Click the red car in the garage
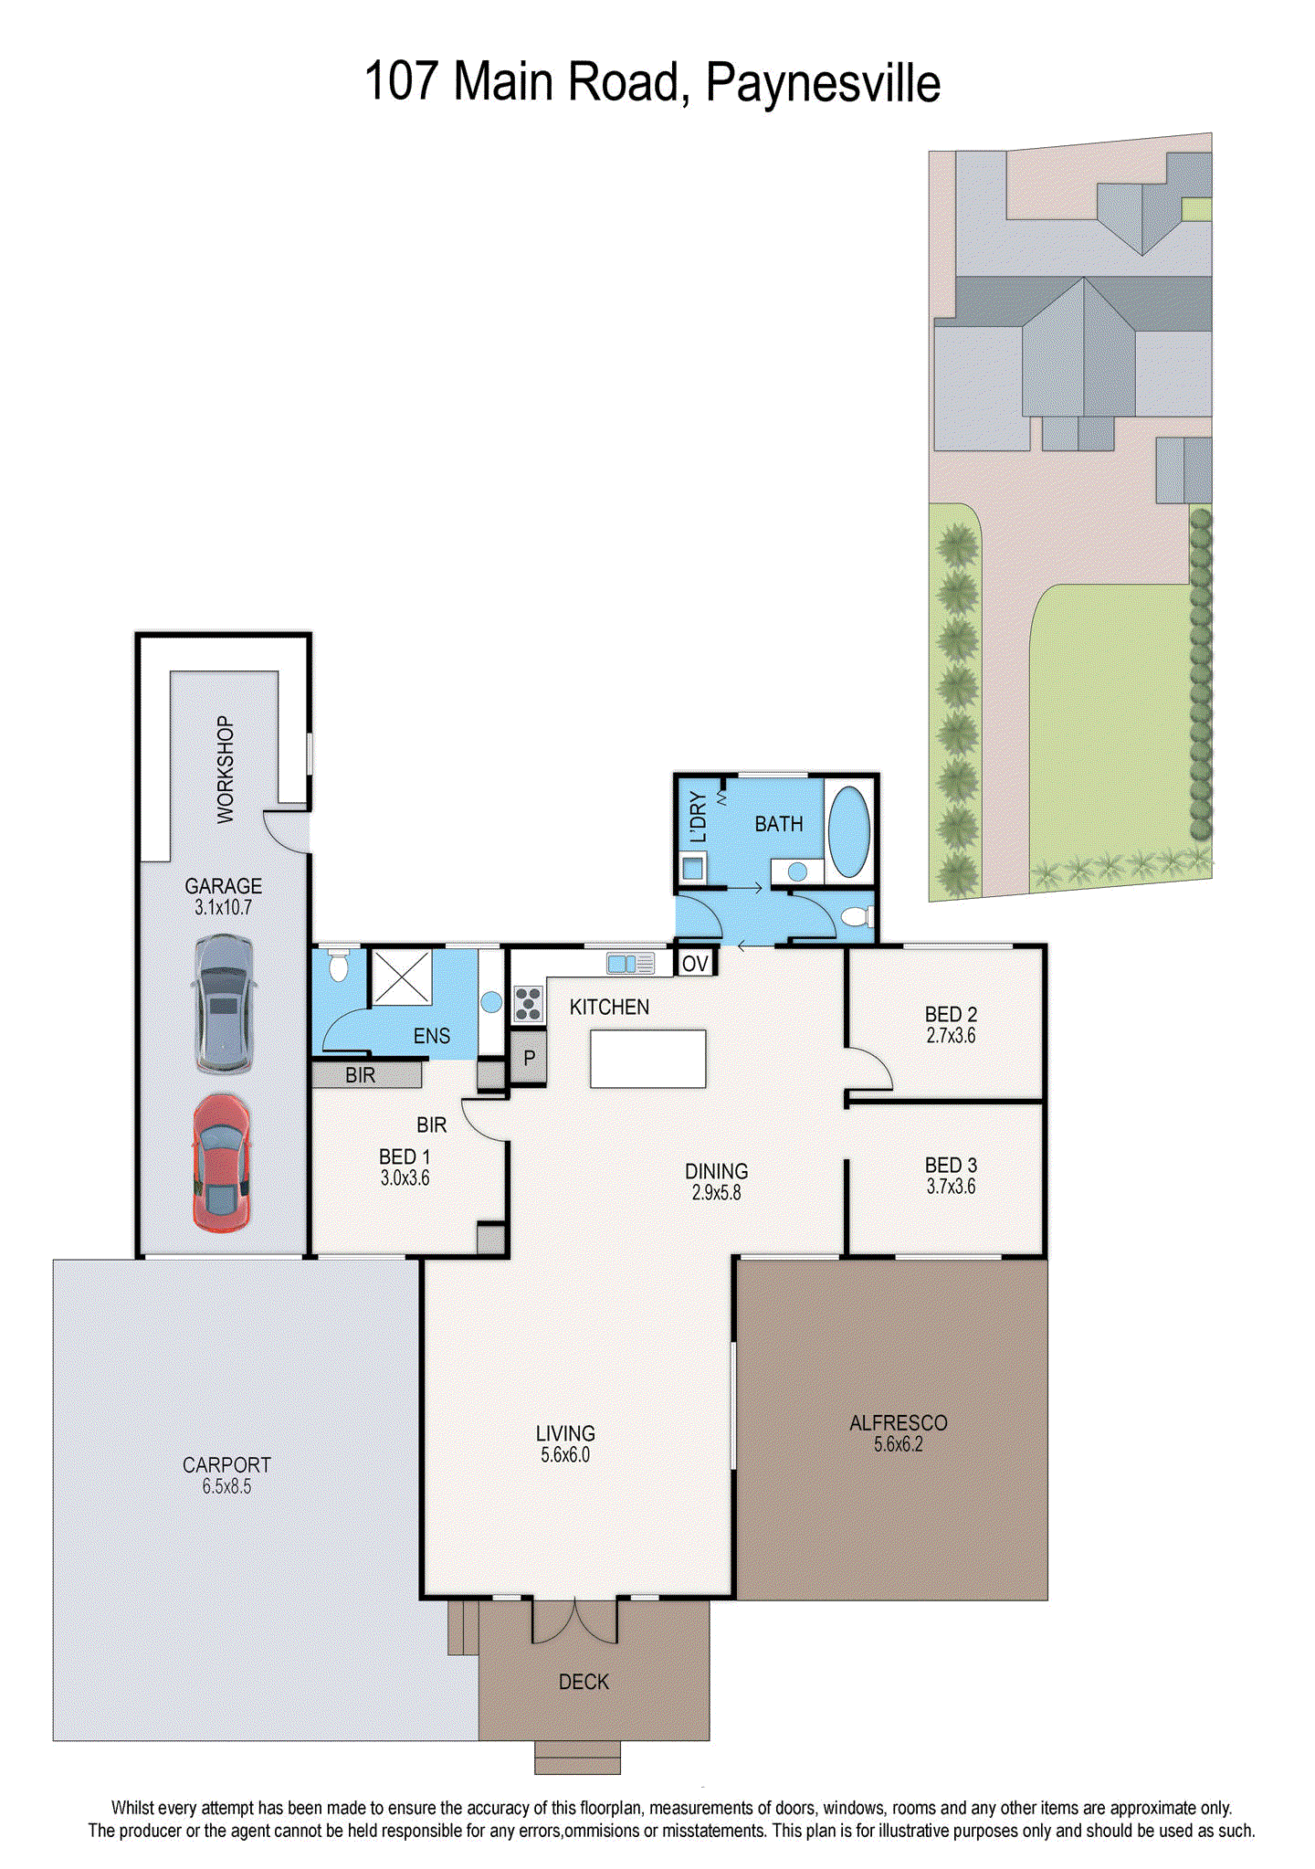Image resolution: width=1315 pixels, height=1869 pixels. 221,1163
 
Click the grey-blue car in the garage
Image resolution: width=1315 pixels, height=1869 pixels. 223,1003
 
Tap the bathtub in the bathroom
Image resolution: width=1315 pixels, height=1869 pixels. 848,831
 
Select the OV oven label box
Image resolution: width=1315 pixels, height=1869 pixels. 695,963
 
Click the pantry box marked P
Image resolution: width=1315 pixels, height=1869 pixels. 528,1059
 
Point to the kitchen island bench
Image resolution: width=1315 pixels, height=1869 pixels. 647,1059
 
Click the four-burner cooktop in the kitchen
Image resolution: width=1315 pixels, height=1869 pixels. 528,1003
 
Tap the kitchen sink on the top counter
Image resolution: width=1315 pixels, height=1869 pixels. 630,963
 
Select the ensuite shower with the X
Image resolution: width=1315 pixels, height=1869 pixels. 401,977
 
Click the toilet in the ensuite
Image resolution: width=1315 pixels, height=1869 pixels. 338,965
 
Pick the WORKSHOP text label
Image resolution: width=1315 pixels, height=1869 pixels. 225,770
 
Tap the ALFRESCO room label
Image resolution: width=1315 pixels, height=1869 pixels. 898,1423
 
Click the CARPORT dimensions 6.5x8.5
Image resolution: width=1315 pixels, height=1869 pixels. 226,1486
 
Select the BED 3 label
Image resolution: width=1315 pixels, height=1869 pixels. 951,1166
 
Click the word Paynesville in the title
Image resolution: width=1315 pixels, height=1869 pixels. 823,84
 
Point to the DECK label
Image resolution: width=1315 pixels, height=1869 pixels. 584,1682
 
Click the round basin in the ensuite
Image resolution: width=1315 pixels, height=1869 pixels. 491,1002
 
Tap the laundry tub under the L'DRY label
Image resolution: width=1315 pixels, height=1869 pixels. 693,868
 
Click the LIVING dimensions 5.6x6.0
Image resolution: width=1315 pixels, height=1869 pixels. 565,1455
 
